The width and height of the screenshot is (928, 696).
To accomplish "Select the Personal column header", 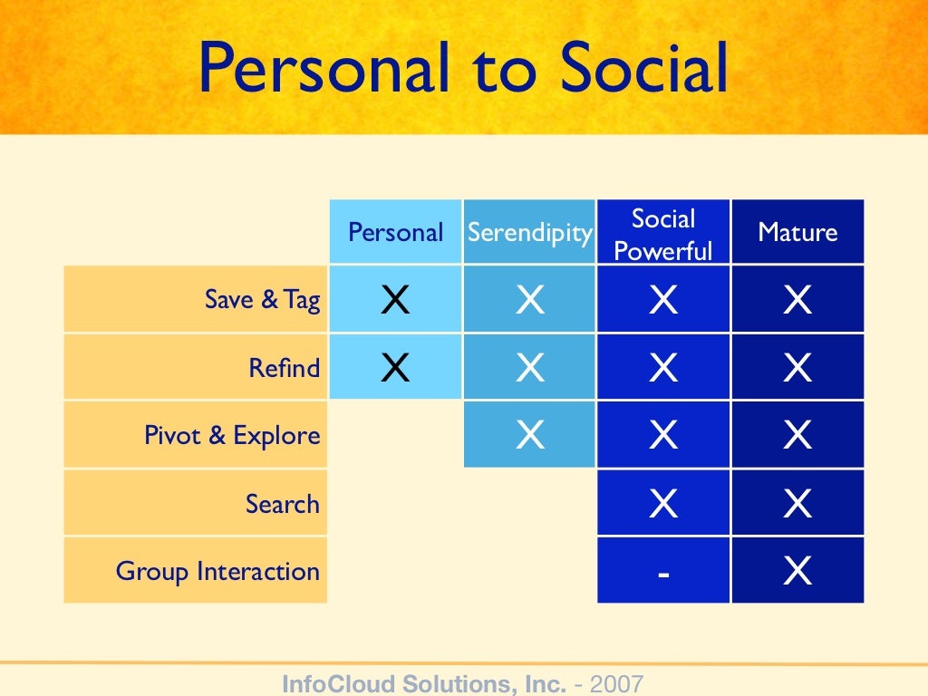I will (x=395, y=232).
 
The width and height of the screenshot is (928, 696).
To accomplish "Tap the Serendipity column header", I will (x=529, y=232).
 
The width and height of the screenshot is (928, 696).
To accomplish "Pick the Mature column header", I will (x=797, y=232).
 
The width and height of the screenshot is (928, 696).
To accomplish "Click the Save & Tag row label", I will (x=262, y=300).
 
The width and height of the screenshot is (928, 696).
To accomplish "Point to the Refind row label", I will (x=285, y=368).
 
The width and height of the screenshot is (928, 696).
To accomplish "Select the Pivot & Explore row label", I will (x=232, y=436).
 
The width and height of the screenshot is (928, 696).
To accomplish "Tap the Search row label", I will (x=282, y=504).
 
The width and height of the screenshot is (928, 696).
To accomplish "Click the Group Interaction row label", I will (x=217, y=572).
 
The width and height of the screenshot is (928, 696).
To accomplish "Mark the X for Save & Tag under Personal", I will (x=395, y=300).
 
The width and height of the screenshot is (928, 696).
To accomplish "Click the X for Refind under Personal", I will (x=395, y=368).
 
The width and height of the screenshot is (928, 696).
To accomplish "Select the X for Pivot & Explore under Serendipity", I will (x=529, y=436).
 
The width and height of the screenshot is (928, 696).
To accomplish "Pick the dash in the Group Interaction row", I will (x=663, y=573).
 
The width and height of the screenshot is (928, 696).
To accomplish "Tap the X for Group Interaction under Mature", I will (x=797, y=572).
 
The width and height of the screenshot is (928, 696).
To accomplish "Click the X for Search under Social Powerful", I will (x=663, y=504).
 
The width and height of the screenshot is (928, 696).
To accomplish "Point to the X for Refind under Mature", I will (x=797, y=368).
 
